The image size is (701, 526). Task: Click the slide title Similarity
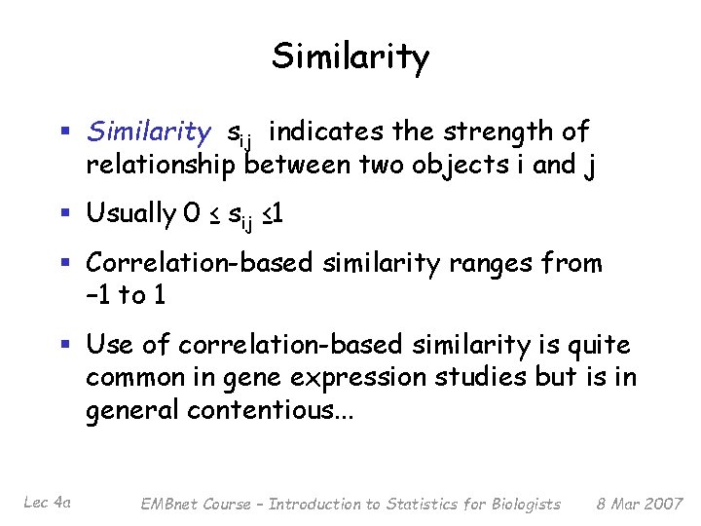coord(350,57)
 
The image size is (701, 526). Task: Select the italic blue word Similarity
coord(148,131)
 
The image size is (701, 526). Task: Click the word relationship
coord(161,165)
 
